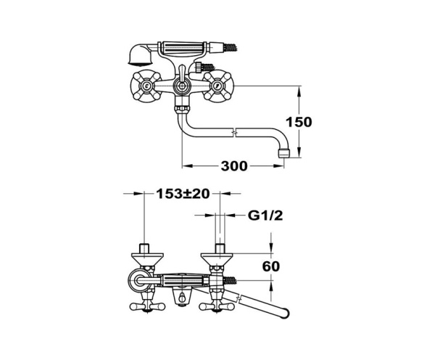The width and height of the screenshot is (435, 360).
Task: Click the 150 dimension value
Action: click(297, 122)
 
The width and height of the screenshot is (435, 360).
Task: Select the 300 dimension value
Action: click(233, 166)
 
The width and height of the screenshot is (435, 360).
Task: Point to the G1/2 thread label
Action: click(265, 216)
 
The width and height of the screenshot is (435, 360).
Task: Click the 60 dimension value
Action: click(271, 266)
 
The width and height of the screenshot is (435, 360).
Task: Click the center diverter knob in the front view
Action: click(181, 88)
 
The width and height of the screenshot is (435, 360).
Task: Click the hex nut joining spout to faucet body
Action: click(181, 112)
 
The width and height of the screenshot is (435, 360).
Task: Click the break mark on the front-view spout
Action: click(234, 132)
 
